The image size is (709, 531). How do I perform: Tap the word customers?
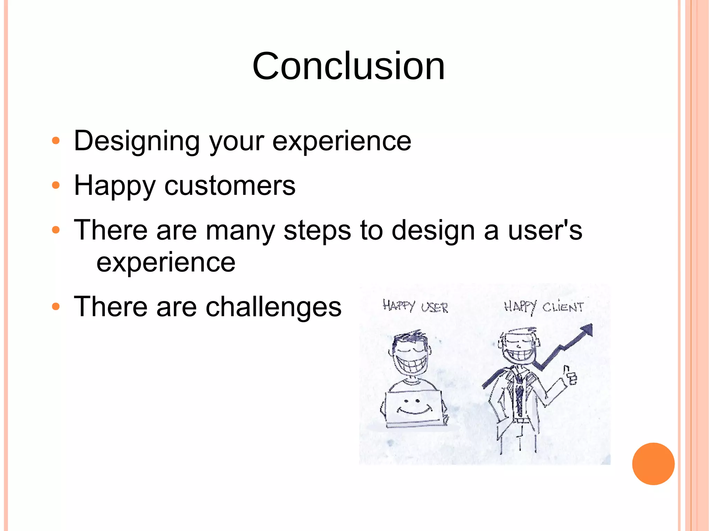pyautogui.click(x=230, y=186)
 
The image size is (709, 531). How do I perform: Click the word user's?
pyautogui.click(x=545, y=230)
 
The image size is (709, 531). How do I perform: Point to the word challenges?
pyautogui.click(x=273, y=307)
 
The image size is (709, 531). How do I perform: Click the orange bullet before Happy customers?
pyautogui.click(x=56, y=186)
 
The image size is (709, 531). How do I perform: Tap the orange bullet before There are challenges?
pyautogui.click(x=56, y=307)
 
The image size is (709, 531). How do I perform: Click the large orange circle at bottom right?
pyautogui.click(x=653, y=464)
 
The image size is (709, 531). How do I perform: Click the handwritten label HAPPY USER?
pyautogui.click(x=415, y=306)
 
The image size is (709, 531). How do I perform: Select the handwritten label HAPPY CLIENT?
pyautogui.click(x=544, y=306)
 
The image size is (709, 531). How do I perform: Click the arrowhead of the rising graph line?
pyautogui.click(x=587, y=329)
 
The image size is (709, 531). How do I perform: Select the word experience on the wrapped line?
pyautogui.click(x=166, y=262)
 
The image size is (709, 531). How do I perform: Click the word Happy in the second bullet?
pyautogui.click(x=115, y=186)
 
